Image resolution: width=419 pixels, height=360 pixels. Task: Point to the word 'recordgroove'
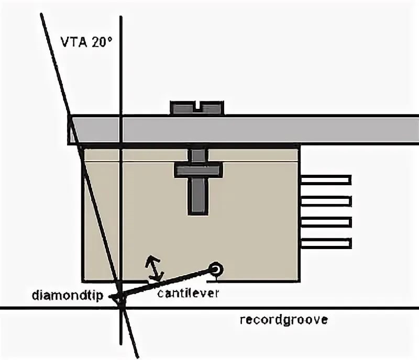click(x=283, y=320)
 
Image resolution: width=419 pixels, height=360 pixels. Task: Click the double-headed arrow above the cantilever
click(x=153, y=268)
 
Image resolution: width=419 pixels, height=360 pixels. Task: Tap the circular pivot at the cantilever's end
click(x=215, y=269)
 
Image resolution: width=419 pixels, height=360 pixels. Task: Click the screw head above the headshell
click(x=197, y=108)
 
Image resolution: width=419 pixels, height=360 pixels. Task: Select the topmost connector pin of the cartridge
click(x=325, y=179)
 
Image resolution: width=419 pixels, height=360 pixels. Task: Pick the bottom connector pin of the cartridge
click(x=325, y=243)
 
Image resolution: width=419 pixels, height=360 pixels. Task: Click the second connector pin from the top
click(x=325, y=200)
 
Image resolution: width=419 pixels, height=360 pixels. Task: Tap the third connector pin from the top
click(x=325, y=222)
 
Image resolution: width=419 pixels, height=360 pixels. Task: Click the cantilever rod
click(x=168, y=283)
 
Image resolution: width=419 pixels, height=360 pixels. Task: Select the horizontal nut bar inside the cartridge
click(x=198, y=170)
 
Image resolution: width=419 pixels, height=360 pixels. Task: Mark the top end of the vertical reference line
click(x=121, y=18)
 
